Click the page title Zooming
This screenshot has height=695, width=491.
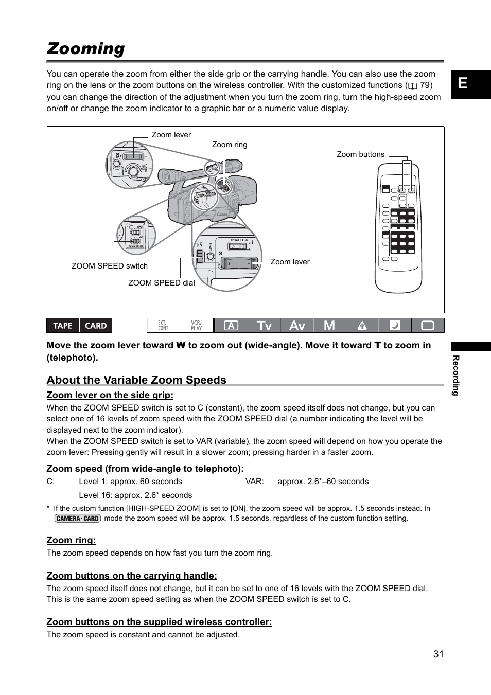85,48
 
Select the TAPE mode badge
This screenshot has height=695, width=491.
63,326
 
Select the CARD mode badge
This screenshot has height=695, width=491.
96,326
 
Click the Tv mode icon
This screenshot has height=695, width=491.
264,326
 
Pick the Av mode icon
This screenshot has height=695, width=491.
297,326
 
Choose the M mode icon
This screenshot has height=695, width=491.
329,326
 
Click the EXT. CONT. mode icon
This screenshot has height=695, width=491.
163,326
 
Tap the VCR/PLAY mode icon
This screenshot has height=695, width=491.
196,326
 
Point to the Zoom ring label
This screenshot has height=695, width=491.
230,145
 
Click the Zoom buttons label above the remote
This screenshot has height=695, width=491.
360,154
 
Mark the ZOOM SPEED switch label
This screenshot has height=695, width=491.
110,266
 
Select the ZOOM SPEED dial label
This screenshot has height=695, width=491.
162,283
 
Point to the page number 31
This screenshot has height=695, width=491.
438,654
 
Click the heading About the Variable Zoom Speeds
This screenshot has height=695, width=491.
136,380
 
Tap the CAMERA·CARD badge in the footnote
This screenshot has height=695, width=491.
77,519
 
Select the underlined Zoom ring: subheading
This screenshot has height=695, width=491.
71,540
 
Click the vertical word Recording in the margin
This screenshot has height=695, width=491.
455,376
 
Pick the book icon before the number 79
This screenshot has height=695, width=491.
412,86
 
